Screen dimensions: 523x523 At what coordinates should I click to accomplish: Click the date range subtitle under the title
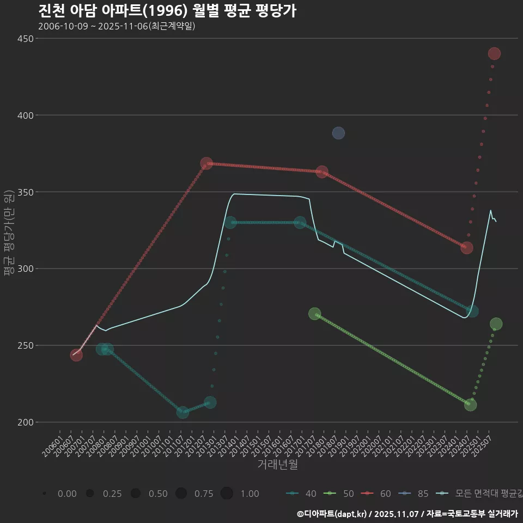[x=117, y=26]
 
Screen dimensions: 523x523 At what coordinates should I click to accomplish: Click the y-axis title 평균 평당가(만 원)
[x=8, y=234]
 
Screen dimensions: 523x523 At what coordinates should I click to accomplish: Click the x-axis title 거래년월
[x=277, y=465]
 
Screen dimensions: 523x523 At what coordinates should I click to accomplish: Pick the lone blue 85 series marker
[x=338, y=133]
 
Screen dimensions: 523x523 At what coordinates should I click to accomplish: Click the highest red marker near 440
[x=494, y=53]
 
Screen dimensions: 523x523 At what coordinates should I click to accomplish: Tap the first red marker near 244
[x=76, y=355]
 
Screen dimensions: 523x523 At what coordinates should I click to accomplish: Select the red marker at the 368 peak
[x=206, y=163]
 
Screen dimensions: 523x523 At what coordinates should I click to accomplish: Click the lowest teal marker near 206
[x=183, y=412]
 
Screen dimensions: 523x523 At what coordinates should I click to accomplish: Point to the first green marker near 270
[x=314, y=314]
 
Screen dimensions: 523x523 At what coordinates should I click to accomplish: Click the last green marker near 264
[x=496, y=324]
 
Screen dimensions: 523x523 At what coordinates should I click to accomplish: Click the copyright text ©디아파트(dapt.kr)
[x=332, y=514]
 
